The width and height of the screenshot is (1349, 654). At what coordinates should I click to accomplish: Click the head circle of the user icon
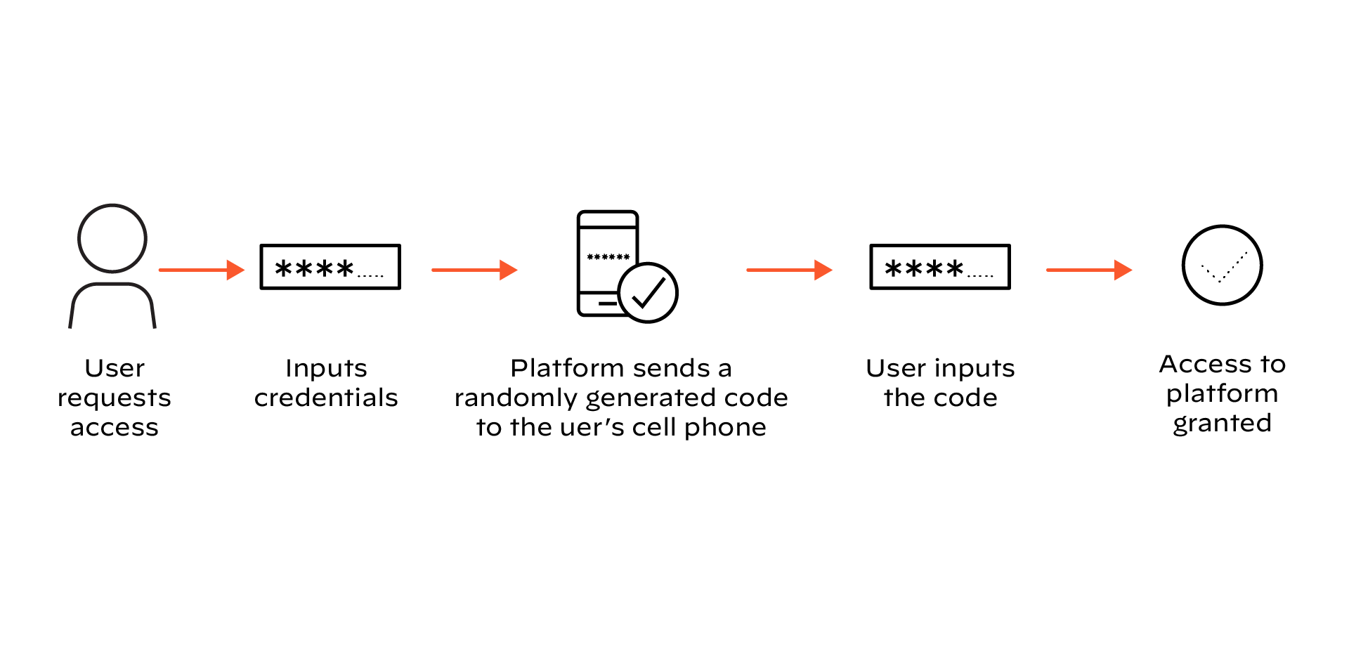click(112, 238)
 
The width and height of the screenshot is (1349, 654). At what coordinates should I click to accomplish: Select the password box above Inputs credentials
click(330, 267)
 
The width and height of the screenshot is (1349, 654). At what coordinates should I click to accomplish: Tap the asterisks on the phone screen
click(608, 257)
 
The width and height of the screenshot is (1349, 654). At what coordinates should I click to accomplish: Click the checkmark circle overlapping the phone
click(648, 293)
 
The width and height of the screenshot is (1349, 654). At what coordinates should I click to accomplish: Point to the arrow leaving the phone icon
click(789, 270)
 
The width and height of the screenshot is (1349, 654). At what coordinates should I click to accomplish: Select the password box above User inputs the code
click(940, 267)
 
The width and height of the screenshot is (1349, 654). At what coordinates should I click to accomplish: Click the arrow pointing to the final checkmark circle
click(1089, 270)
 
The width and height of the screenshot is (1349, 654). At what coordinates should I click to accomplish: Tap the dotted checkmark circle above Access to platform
click(1223, 265)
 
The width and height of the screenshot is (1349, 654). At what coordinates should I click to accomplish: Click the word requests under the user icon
click(115, 398)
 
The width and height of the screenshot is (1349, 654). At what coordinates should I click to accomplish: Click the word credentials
click(326, 398)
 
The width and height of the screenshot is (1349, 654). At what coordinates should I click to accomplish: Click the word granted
click(1222, 424)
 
